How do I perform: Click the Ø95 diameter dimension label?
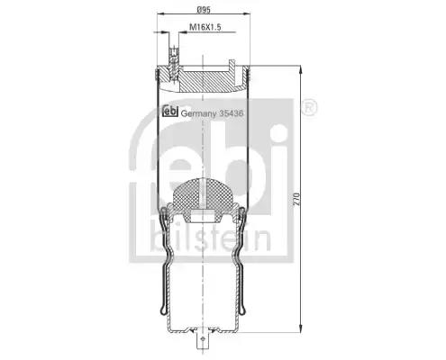pos(204,10)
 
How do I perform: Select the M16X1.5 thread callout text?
pos(205,27)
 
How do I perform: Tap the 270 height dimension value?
pos(296,199)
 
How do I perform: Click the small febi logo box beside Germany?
pos(170,111)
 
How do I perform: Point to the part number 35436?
pos(232,113)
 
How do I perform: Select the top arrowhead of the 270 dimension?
pos(301,68)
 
